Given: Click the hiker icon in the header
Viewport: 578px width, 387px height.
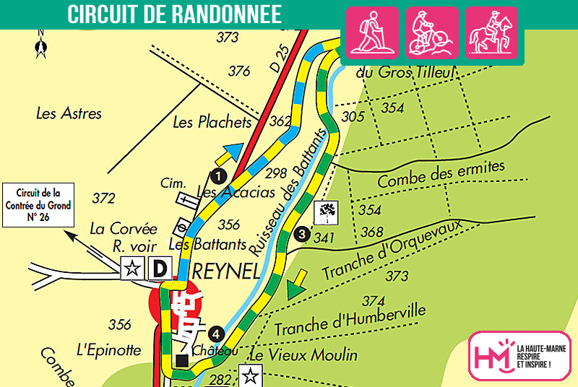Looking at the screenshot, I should [x=374, y=32].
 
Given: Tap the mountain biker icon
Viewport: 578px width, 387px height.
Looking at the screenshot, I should [x=432, y=32].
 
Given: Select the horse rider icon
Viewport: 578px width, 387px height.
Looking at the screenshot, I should [x=491, y=32].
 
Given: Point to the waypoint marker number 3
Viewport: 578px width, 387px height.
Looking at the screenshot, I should [x=302, y=234].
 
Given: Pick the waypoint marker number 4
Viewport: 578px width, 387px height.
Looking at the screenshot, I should [x=215, y=333].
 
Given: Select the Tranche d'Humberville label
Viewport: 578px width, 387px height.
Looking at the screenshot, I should [x=350, y=320].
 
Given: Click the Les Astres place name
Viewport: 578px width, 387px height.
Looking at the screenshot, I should [x=69, y=113].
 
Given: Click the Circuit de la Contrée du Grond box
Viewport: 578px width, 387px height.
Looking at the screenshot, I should [x=38, y=205].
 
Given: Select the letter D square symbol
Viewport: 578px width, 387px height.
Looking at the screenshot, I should [x=159, y=269].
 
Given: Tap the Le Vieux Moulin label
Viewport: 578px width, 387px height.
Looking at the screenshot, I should [x=303, y=355].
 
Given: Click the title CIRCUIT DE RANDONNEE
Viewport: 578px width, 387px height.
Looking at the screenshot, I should [x=174, y=15].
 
